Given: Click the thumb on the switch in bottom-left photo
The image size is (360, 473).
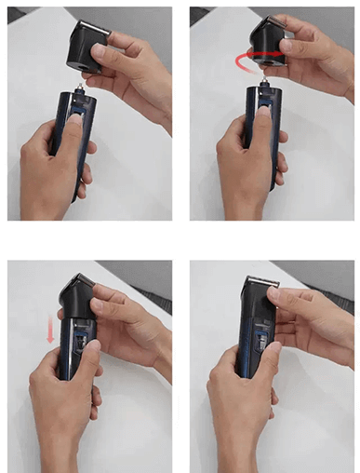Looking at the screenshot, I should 82,358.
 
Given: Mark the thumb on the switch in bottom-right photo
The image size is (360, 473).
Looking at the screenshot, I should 260,358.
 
